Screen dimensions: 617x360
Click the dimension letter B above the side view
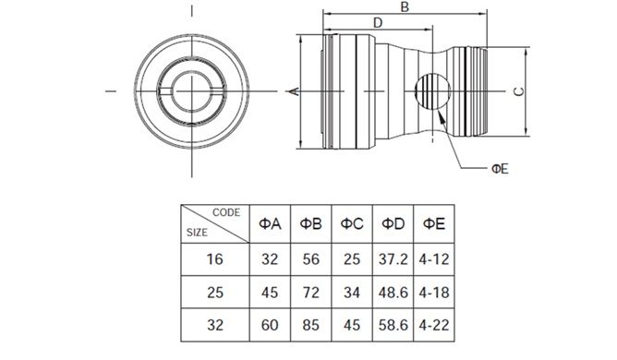pos(405,6)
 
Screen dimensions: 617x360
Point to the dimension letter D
pos(378,23)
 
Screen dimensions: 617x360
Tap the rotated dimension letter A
pos(295,91)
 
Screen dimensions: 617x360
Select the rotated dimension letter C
pos(519,91)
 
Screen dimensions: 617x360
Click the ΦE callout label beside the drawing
pos(500,169)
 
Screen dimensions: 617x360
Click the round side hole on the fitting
pos(433,91)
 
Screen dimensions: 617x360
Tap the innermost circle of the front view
pos(191,91)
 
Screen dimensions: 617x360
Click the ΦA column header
pos(270,224)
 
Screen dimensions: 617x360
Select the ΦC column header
pos(352,224)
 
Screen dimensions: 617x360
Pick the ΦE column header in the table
pos(434,224)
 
